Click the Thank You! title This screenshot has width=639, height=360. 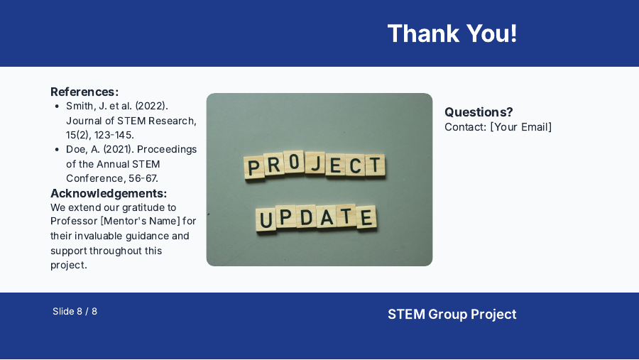[x=452, y=33]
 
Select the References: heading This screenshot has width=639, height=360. [x=84, y=92]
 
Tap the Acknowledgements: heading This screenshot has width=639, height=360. [x=109, y=193]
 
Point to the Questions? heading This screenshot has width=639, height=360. [x=479, y=112]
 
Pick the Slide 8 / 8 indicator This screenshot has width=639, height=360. [x=75, y=311]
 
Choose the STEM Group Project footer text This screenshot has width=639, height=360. [x=452, y=314]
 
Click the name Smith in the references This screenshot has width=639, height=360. [x=80, y=106]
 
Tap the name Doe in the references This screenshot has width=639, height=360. [x=77, y=149]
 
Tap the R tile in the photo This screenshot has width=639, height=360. [x=274, y=167]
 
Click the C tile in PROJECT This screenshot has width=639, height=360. [x=355, y=165]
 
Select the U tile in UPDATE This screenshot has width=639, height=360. [x=266, y=220]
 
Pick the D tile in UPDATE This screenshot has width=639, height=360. [x=307, y=217]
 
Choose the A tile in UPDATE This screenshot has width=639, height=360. [x=327, y=217]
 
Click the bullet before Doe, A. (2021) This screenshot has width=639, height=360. [x=57, y=149]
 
